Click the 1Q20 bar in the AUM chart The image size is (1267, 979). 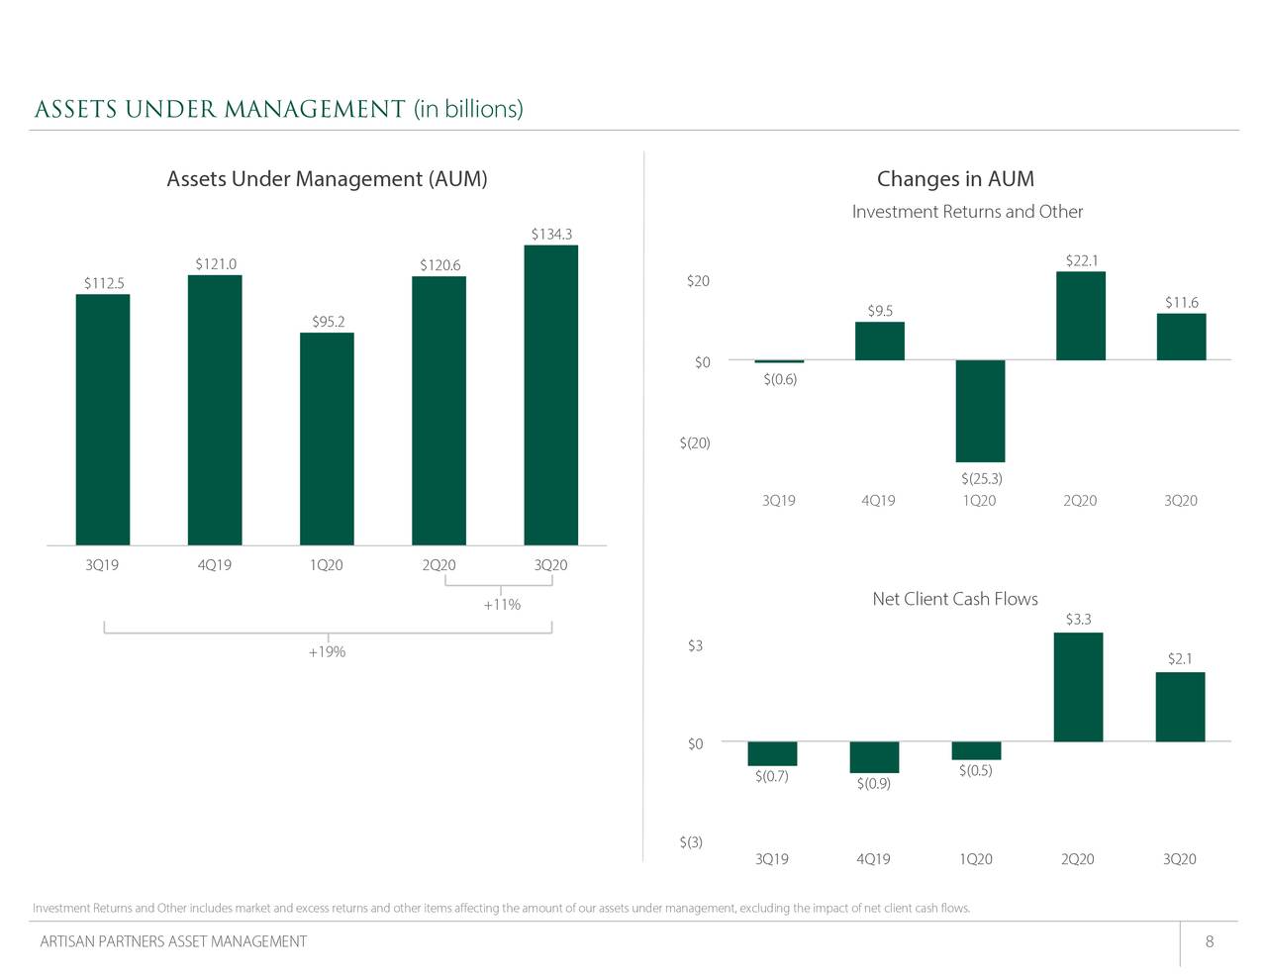(x=327, y=439)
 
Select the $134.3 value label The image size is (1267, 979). (x=551, y=235)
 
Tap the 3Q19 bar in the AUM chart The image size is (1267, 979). (x=103, y=420)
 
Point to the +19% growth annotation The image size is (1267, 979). (x=327, y=652)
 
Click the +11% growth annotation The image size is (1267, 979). (x=502, y=605)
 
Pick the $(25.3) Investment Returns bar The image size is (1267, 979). (x=980, y=411)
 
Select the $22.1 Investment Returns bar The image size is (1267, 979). (x=1081, y=316)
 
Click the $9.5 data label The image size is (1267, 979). (x=880, y=311)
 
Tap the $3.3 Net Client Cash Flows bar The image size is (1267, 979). (x=1078, y=687)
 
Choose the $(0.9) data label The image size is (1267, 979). (x=874, y=784)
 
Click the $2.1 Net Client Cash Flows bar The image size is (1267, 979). (x=1180, y=707)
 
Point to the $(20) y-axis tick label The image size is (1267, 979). (x=695, y=442)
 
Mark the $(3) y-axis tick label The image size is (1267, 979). (x=691, y=842)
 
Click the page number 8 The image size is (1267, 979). (x=1210, y=941)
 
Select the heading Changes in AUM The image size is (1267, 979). (x=955, y=179)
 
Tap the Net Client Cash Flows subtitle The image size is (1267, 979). (x=955, y=599)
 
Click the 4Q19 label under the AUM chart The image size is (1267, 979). (x=214, y=565)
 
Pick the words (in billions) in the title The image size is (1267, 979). (x=468, y=109)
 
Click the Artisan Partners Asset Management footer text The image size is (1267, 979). (x=173, y=941)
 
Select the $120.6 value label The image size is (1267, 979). (x=439, y=265)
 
